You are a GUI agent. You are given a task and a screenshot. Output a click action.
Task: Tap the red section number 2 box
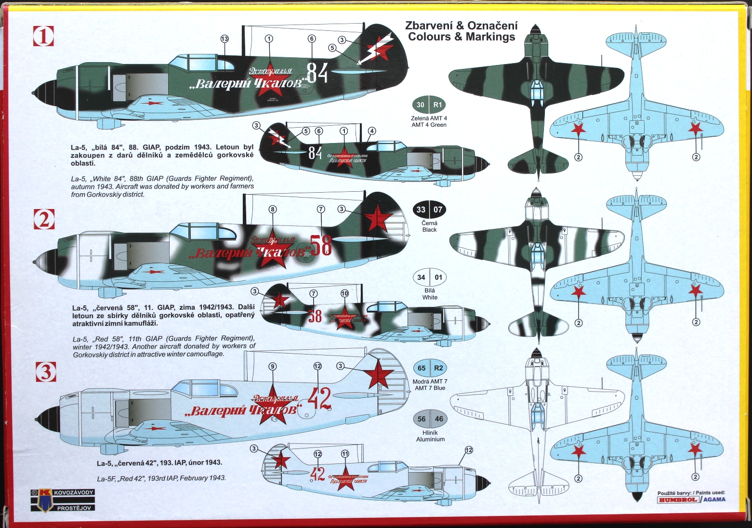click(44, 219)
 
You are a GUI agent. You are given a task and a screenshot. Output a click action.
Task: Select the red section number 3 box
click(46, 371)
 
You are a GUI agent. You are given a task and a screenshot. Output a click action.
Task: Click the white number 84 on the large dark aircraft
click(317, 73)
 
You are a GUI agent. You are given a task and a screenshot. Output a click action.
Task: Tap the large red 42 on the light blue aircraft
click(319, 398)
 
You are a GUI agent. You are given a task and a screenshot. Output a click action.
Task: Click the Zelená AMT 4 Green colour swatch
click(429, 105)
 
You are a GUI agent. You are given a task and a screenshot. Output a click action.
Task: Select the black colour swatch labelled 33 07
click(429, 210)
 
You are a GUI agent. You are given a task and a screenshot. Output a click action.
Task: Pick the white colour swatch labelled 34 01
click(429, 277)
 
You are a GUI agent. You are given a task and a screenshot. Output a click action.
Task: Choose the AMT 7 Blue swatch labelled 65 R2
click(430, 368)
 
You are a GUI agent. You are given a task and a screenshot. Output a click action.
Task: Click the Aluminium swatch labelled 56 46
click(430, 419)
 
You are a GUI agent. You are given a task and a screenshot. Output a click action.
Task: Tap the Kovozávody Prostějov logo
click(63, 500)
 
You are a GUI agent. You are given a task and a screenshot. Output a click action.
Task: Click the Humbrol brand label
click(678, 500)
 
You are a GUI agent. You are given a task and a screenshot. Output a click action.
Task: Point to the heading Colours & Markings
click(461, 37)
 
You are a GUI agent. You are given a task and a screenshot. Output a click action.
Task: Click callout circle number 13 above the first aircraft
click(224, 39)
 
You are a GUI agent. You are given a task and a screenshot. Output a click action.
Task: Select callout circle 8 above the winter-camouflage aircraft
click(273, 209)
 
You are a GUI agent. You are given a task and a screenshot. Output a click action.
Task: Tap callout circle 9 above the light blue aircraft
click(273, 367)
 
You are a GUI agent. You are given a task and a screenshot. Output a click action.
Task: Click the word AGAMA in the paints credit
click(714, 500)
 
